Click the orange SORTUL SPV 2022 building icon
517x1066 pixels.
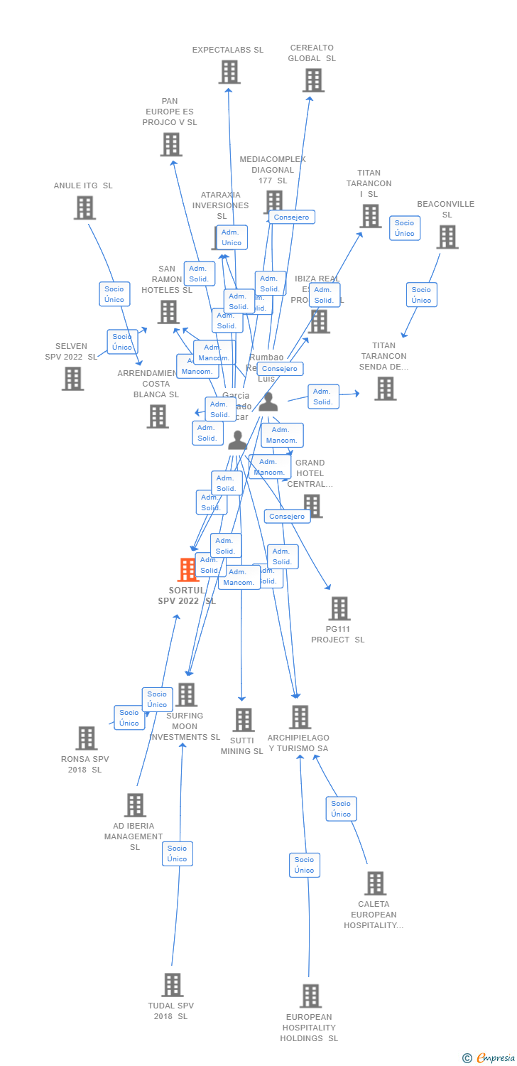point(187,569)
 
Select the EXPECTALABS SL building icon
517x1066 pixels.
point(229,72)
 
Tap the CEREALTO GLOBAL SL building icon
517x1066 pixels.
point(313,80)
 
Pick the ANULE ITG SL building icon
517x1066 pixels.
point(85,208)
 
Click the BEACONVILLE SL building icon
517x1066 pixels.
point(447,237)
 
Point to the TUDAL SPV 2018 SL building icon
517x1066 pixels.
point(173,985)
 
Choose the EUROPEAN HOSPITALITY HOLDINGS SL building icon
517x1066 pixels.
point(310,996)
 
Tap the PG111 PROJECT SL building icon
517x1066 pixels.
point(339,608)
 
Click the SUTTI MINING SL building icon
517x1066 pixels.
point(244,720)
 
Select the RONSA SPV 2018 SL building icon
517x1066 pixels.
point(87,738)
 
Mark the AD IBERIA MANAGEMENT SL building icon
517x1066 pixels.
point(135,805)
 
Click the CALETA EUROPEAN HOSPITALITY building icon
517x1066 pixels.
point(375,883)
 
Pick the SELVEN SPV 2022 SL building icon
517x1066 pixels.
point(72,379)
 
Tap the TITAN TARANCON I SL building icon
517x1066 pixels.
point(370,216)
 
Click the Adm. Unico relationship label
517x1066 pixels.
point(232,237)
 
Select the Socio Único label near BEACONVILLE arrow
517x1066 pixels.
point(421,295)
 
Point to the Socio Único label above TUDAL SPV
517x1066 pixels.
point(177,854)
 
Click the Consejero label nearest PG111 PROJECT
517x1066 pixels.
point(287,517)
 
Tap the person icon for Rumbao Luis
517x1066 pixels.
point(268,403)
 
